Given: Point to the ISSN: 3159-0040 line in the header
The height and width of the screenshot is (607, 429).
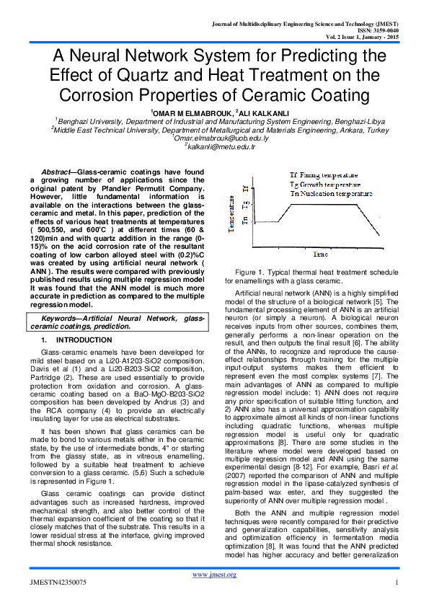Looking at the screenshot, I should click(x=381, y=30).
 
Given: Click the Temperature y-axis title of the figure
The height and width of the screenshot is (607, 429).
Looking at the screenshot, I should click(x=232, y=216).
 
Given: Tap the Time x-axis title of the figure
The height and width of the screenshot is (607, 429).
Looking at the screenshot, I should click(x=320, y=255).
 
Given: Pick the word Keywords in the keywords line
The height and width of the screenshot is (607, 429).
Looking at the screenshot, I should click(x=62, y=318).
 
